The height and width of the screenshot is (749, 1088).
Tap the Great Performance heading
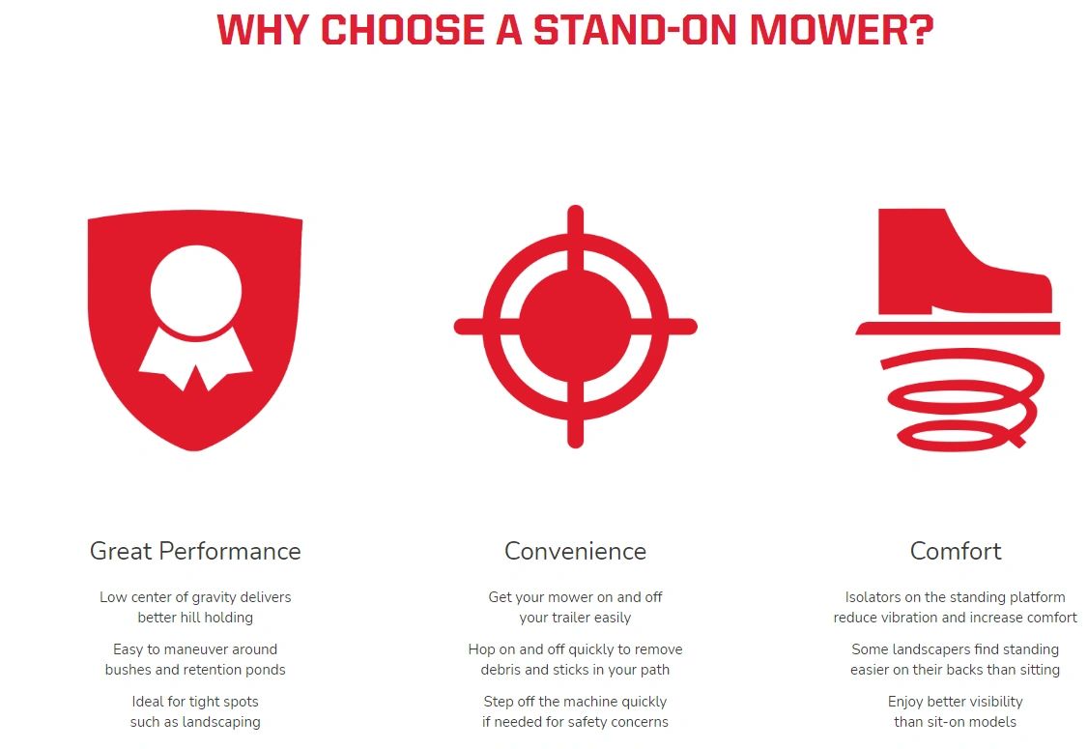click(x=195, y=551)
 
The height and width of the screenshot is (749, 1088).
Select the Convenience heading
click(x=575, y=551)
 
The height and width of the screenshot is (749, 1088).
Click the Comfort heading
click(x=956, y=551)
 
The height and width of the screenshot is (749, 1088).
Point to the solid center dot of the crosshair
click(x=575, y=326)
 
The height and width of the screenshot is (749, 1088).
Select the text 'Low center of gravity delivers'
click(x=195, y=597)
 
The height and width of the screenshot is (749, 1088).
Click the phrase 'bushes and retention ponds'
click(x=195, y=670)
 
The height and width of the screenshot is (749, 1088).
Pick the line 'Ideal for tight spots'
click(x=195, y=702)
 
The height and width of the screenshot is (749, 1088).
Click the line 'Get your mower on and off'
click(x=575, y=597)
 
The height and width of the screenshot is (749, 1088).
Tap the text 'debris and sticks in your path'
click(x=575, y=670)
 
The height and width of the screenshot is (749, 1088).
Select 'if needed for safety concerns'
click(x=575, y=722)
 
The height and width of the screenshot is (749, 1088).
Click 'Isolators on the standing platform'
click(x=956, y=597)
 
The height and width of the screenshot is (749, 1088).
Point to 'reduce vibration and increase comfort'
click(x=956, y=618)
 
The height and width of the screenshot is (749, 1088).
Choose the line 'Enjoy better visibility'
click(x=956, y=702)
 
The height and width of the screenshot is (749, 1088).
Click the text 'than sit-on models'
click(x=956, y=722)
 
